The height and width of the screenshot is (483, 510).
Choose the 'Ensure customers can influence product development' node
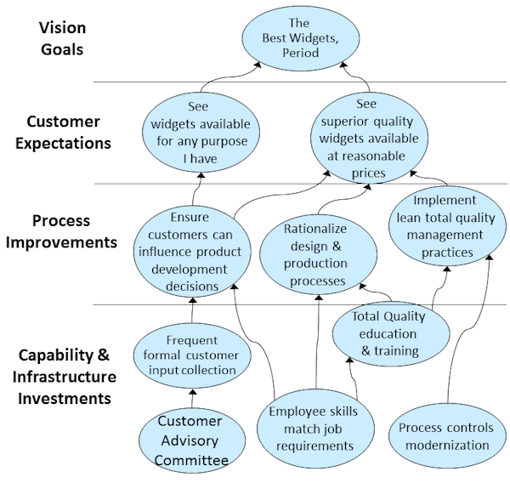coord(194,251)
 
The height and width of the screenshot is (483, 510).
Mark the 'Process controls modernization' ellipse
coord(444,435)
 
